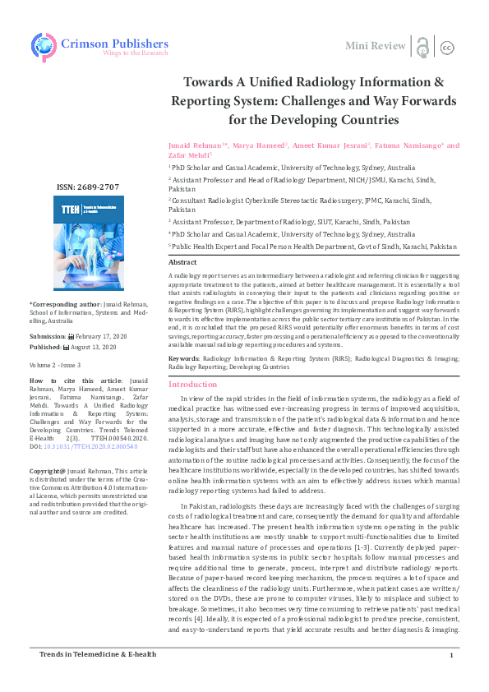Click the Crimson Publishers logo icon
pyautogui.click(x=44, y=45)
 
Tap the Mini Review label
pyautogui.click(x=376, y=45)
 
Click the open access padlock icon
pyautogui.click(x=422, y=46)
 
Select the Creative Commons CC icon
pyautogui.click(x=448, y=47)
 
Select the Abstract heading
pyautogui.click(x=182, y=261)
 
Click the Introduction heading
pyautogui.click(x=193, y=385)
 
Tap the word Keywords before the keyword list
pyautogui.click(x=183, y=359)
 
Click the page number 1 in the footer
pyautogui.click(x=452, y=677)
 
